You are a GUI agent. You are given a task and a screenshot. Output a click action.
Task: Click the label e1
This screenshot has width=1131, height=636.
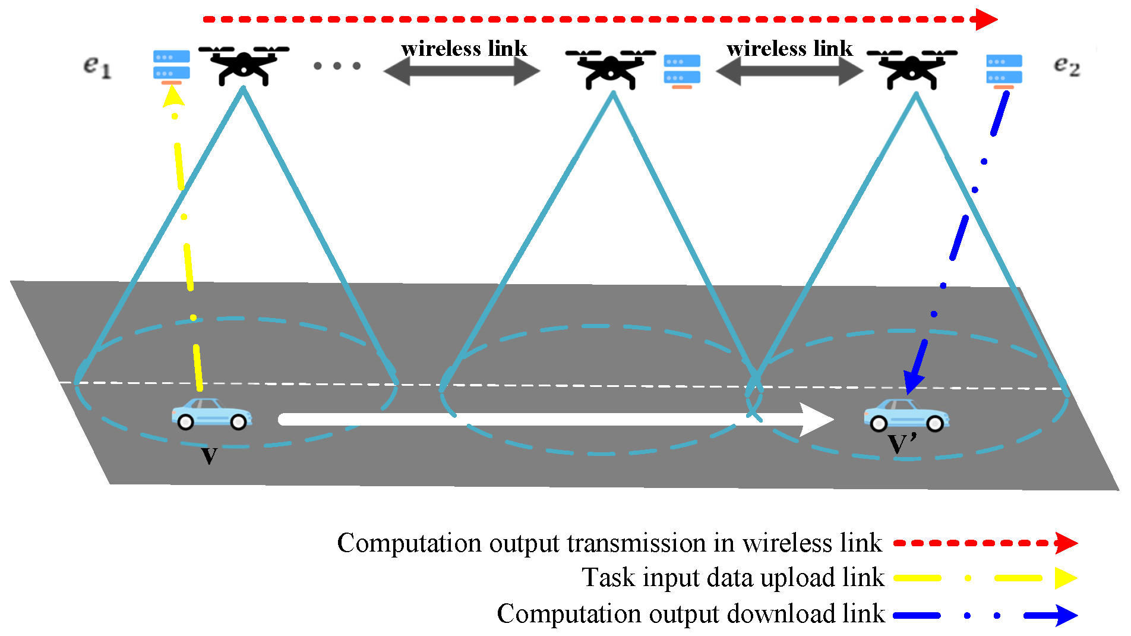97,67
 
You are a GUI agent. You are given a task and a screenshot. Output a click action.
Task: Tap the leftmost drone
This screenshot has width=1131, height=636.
244,64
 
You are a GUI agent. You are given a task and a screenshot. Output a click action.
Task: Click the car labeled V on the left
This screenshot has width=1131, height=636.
211,414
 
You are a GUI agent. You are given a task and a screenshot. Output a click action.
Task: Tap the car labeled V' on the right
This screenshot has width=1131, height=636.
906,415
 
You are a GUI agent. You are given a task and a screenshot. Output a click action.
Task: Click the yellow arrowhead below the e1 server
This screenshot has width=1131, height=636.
173,95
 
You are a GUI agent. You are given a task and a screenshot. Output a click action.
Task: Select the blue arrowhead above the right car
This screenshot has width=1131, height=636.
913,380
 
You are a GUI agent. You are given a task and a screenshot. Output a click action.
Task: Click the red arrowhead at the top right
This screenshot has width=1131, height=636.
986,19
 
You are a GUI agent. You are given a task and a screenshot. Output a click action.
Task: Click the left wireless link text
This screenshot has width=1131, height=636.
464,49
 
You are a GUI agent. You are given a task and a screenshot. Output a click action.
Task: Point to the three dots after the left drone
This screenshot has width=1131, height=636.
337,66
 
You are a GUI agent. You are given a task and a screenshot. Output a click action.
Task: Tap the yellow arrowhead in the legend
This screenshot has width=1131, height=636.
1066,578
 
